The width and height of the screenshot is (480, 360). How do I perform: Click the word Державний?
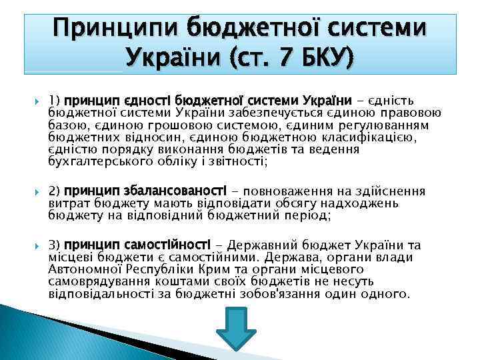269,245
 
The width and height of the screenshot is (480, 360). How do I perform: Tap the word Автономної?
87,269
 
